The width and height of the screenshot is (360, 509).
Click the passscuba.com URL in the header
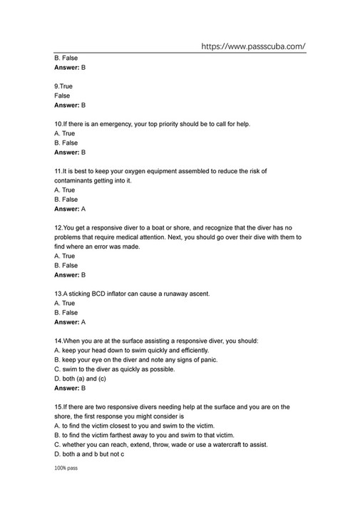pyautogui.click(x=253, y=46)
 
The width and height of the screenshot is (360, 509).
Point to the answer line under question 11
pyautogui.click(x=70, y=210)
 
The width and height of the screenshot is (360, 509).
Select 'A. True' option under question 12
pyautogui.click(x=64, y=256)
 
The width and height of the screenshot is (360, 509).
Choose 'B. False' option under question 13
pyautogui.click(x=66, y=312)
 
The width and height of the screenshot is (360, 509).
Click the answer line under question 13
pyautogui.click(x=70, y=322)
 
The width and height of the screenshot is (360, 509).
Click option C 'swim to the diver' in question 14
pyautogui.click(x=114, y=369)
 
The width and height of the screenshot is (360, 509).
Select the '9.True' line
pyautogui.click(x=63, y=86)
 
